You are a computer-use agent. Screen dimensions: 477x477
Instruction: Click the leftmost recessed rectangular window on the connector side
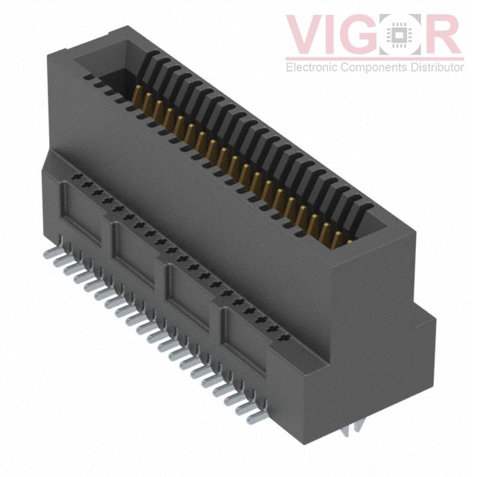pos(82,215)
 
